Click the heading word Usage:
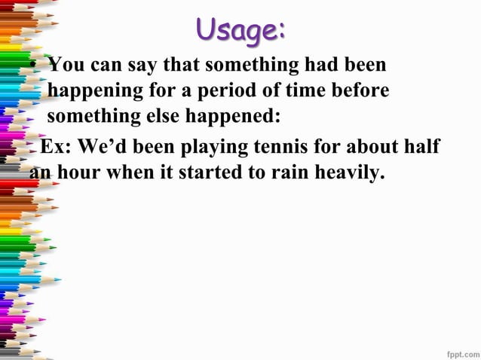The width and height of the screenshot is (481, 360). pos(240,31)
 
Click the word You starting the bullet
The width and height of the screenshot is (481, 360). pos(66,64)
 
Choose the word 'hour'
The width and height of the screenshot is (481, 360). pos(81,172)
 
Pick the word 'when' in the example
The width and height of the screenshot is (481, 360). pos(130,172)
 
